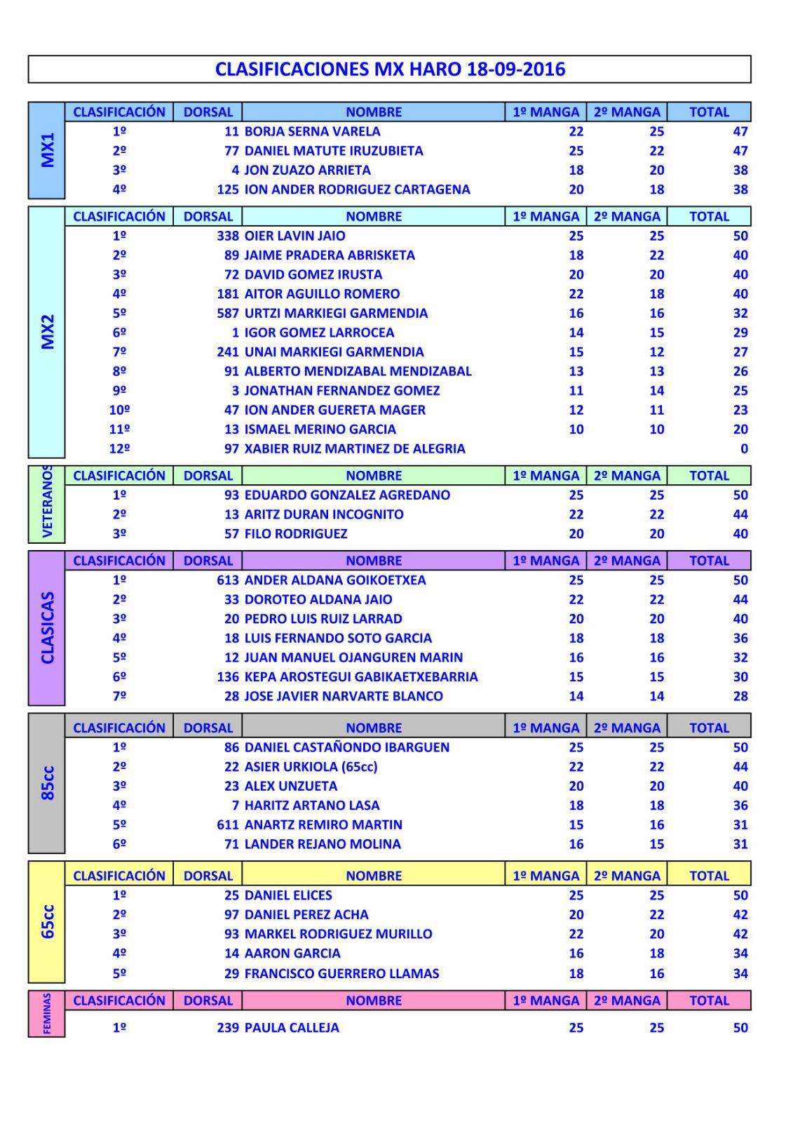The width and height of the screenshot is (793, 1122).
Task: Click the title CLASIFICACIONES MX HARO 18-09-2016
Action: [x=390, y=69]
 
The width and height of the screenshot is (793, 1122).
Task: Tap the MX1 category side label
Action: [x=47, y=150]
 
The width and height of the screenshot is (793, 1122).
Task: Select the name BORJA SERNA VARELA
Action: [x=312, y=131]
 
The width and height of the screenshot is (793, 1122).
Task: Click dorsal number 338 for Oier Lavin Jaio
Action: [x=228, y=236]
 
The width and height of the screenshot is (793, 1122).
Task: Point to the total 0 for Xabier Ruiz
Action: [x=744, y=448]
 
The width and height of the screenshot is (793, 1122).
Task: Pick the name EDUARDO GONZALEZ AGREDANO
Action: [x=347, y=495]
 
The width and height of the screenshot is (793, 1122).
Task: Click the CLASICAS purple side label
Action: [x=47, y=628]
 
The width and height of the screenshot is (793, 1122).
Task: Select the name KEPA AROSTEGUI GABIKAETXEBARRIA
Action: [x=361, y=676]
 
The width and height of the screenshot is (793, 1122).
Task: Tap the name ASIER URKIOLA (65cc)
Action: [x=311, y=766]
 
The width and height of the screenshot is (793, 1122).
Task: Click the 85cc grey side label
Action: [x=47, y=783]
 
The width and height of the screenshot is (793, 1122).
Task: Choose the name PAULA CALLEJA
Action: [x=292, y=1027]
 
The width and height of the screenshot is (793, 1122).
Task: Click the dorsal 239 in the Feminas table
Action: [x=228, y=1027]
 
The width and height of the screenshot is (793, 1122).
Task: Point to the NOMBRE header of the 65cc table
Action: [x=374, y=876]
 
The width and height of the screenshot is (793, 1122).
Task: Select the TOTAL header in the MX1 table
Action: [x=709, y=112]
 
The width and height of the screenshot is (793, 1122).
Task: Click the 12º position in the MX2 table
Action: [x=119, y=448]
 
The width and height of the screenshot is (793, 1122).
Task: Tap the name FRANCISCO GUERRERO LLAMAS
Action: [x=341, y=973]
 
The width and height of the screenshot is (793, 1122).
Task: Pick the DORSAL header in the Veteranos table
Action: [x=208, y=476]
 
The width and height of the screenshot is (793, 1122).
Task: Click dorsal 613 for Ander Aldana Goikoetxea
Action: [x=228, y=580]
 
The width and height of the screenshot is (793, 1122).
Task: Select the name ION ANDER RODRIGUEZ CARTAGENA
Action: [x=357, y=189]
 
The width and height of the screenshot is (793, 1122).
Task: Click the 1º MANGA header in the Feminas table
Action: [x=545, y=1001]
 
